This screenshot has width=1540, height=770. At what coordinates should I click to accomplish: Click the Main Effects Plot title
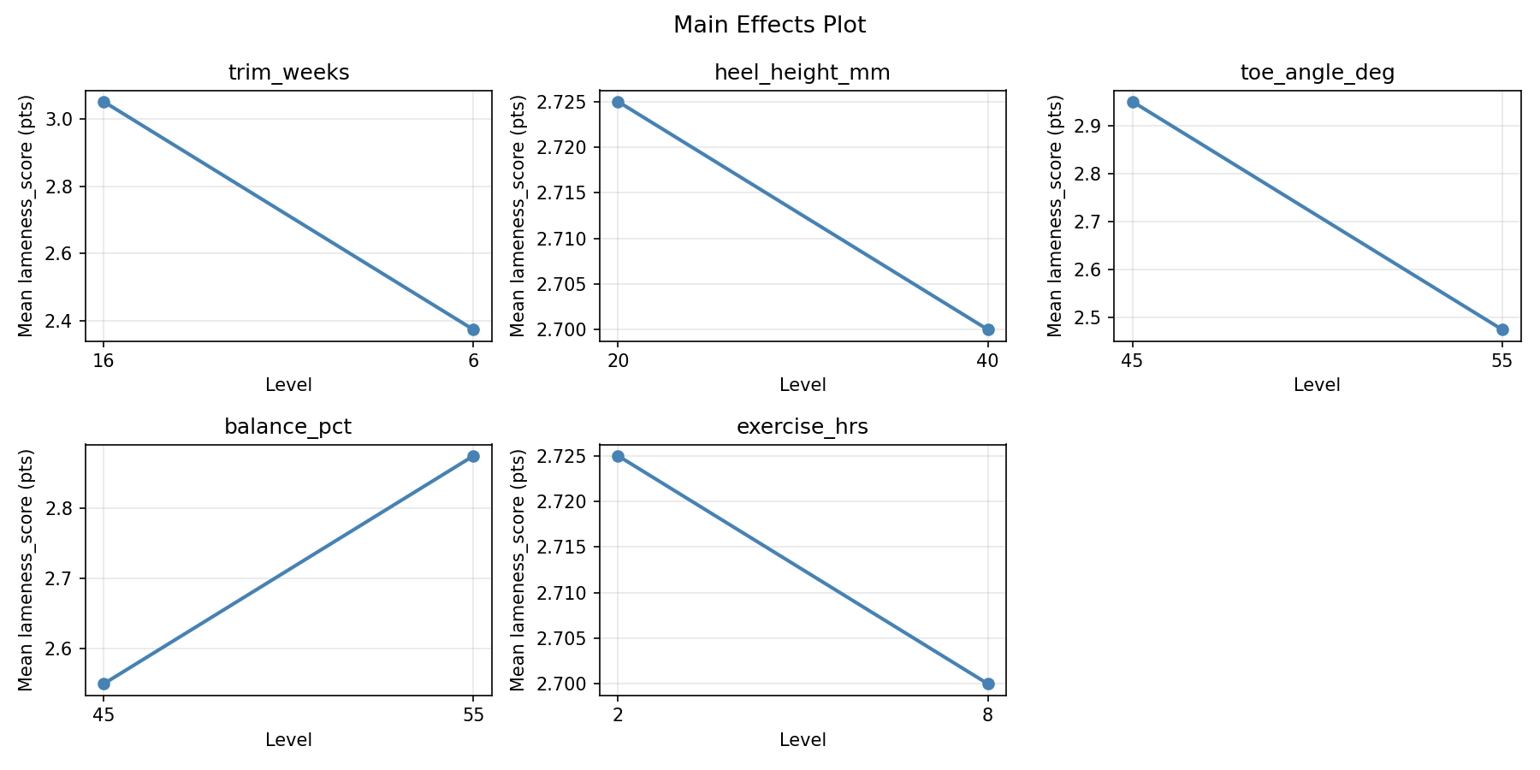(x=769, y=25)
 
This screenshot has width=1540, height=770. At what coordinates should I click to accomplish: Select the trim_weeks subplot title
(x=288, y=73)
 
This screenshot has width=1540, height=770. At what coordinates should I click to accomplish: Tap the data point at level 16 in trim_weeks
(x=104, y=102)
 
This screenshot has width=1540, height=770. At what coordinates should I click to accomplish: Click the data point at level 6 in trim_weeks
(x=473, y=329)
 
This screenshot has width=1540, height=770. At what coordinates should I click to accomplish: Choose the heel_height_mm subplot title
(x=802, y=73)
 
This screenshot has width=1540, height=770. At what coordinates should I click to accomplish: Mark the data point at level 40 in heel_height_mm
(x=988, y=329)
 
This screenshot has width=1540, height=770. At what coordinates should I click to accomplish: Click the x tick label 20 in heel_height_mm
(x=618, y=361)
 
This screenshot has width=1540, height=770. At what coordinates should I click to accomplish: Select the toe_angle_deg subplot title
(x=1317, y=73)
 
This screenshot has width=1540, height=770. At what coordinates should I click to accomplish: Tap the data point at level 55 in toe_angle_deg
(x=1502, y=329)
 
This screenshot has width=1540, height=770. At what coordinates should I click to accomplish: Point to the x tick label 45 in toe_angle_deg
(x=1132, y=361)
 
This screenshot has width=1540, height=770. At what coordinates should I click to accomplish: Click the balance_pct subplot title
(x=288, y=427)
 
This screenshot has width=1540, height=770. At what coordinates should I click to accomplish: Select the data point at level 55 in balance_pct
(x=473, y=456)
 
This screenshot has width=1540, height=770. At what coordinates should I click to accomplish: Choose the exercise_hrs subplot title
(x=802, y=427)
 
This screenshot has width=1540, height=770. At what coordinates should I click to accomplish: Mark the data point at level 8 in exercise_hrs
(x=988, y=684)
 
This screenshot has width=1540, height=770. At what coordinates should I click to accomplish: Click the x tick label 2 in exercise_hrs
(x=618, y=715)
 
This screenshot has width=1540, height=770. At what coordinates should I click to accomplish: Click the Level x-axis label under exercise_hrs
(x=802, y=740)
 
